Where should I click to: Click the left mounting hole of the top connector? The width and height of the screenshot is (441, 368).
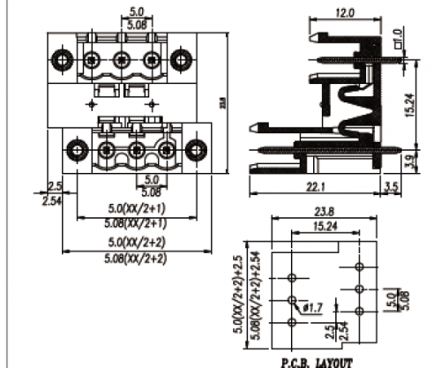click(x=64, y=61)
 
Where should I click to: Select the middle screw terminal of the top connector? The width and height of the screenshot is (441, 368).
click(x=123, y=61)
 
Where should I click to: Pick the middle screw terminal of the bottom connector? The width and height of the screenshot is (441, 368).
click(x=136, y=149)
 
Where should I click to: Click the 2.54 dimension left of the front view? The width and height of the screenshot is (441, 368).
click(x=52, y=199)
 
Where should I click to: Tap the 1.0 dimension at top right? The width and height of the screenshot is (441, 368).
click(x=398, y=38)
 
